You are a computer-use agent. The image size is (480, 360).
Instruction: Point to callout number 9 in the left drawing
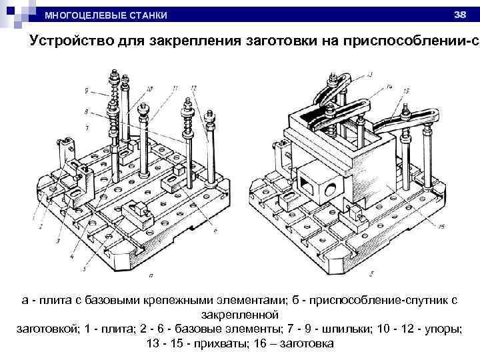click(87, 90)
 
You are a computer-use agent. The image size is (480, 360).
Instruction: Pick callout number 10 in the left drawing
click(149, 88)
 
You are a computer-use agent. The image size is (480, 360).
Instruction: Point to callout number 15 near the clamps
click(406, 91)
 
